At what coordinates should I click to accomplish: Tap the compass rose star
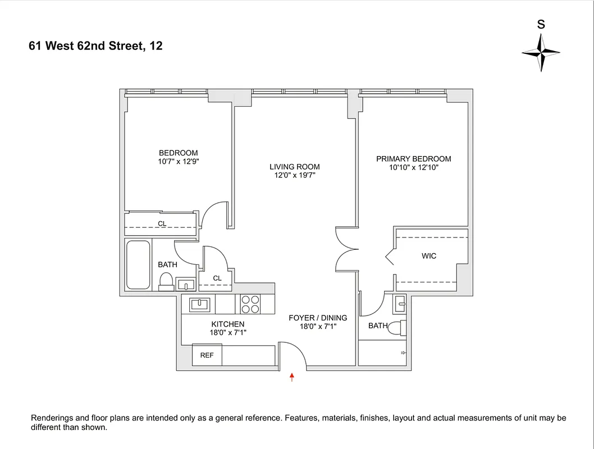click(541, 52)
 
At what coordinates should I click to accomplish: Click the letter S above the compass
click(541, 25)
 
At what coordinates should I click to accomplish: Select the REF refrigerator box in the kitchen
click(207, 355)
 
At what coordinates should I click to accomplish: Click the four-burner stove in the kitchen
click(250, 304)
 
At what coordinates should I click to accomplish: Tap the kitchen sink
click(199, 304)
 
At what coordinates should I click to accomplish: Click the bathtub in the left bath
click(138, 264)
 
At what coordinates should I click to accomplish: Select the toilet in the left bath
click(166, 280)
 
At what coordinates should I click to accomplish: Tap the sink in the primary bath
click(399, 304)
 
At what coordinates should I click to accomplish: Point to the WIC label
click(429, 256)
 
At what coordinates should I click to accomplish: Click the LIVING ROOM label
click(294, 167)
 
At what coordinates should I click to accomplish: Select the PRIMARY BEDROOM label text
click(413, 159)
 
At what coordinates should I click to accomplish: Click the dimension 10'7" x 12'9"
click(179, 162)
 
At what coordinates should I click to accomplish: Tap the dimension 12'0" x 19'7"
click(294, 175)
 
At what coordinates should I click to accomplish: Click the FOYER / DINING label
click(318, 318)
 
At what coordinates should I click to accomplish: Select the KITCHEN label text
click(227, 324)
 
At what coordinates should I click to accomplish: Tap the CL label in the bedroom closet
click(162, 223)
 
